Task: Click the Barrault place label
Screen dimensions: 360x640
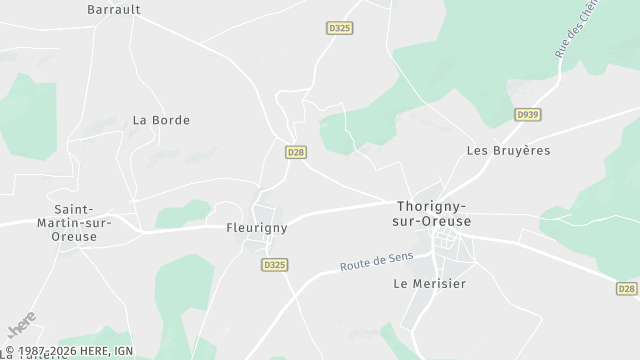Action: click(x=113, y=9)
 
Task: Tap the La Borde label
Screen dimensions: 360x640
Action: click(x=161, y=120)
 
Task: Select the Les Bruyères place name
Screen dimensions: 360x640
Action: click(x=508, y=151)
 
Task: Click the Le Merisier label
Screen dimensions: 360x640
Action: click(x=430, y=283)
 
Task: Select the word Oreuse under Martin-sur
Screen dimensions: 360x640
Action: click(x=76, y=237)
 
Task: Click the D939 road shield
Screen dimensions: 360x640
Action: click(x=527, y=116)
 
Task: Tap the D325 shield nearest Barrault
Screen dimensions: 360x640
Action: click(x=339, y=29)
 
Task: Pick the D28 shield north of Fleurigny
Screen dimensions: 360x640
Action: click(x=295, y=152)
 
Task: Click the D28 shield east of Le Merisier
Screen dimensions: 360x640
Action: click(x=626, y=288)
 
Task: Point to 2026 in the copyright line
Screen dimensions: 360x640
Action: click(x=56, y=351)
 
